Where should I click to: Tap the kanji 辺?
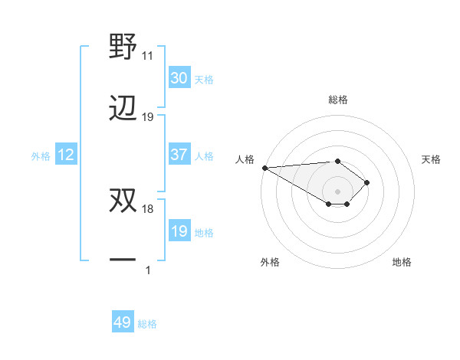pos(123,108)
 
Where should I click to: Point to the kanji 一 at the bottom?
pos(123,260)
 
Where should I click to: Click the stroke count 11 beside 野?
pos(148,56)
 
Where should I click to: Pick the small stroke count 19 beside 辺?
pos(148,117)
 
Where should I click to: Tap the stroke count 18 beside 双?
pos(148,208)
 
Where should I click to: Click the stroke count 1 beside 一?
pos(148,270)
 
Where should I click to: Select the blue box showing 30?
pos(179,78)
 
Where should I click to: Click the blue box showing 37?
pos(179,155)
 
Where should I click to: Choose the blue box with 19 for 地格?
pos(179,231)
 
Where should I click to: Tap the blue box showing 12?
pos(66,155)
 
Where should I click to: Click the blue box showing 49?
pos(123,322)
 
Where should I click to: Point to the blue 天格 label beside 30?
pos(204,79)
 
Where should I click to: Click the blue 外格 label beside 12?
pos(41,155)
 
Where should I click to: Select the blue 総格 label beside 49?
pos(147,324)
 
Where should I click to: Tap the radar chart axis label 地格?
pos(402,263)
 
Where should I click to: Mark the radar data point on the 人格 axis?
pos(264,168)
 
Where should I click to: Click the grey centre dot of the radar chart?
pos(337,191)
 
